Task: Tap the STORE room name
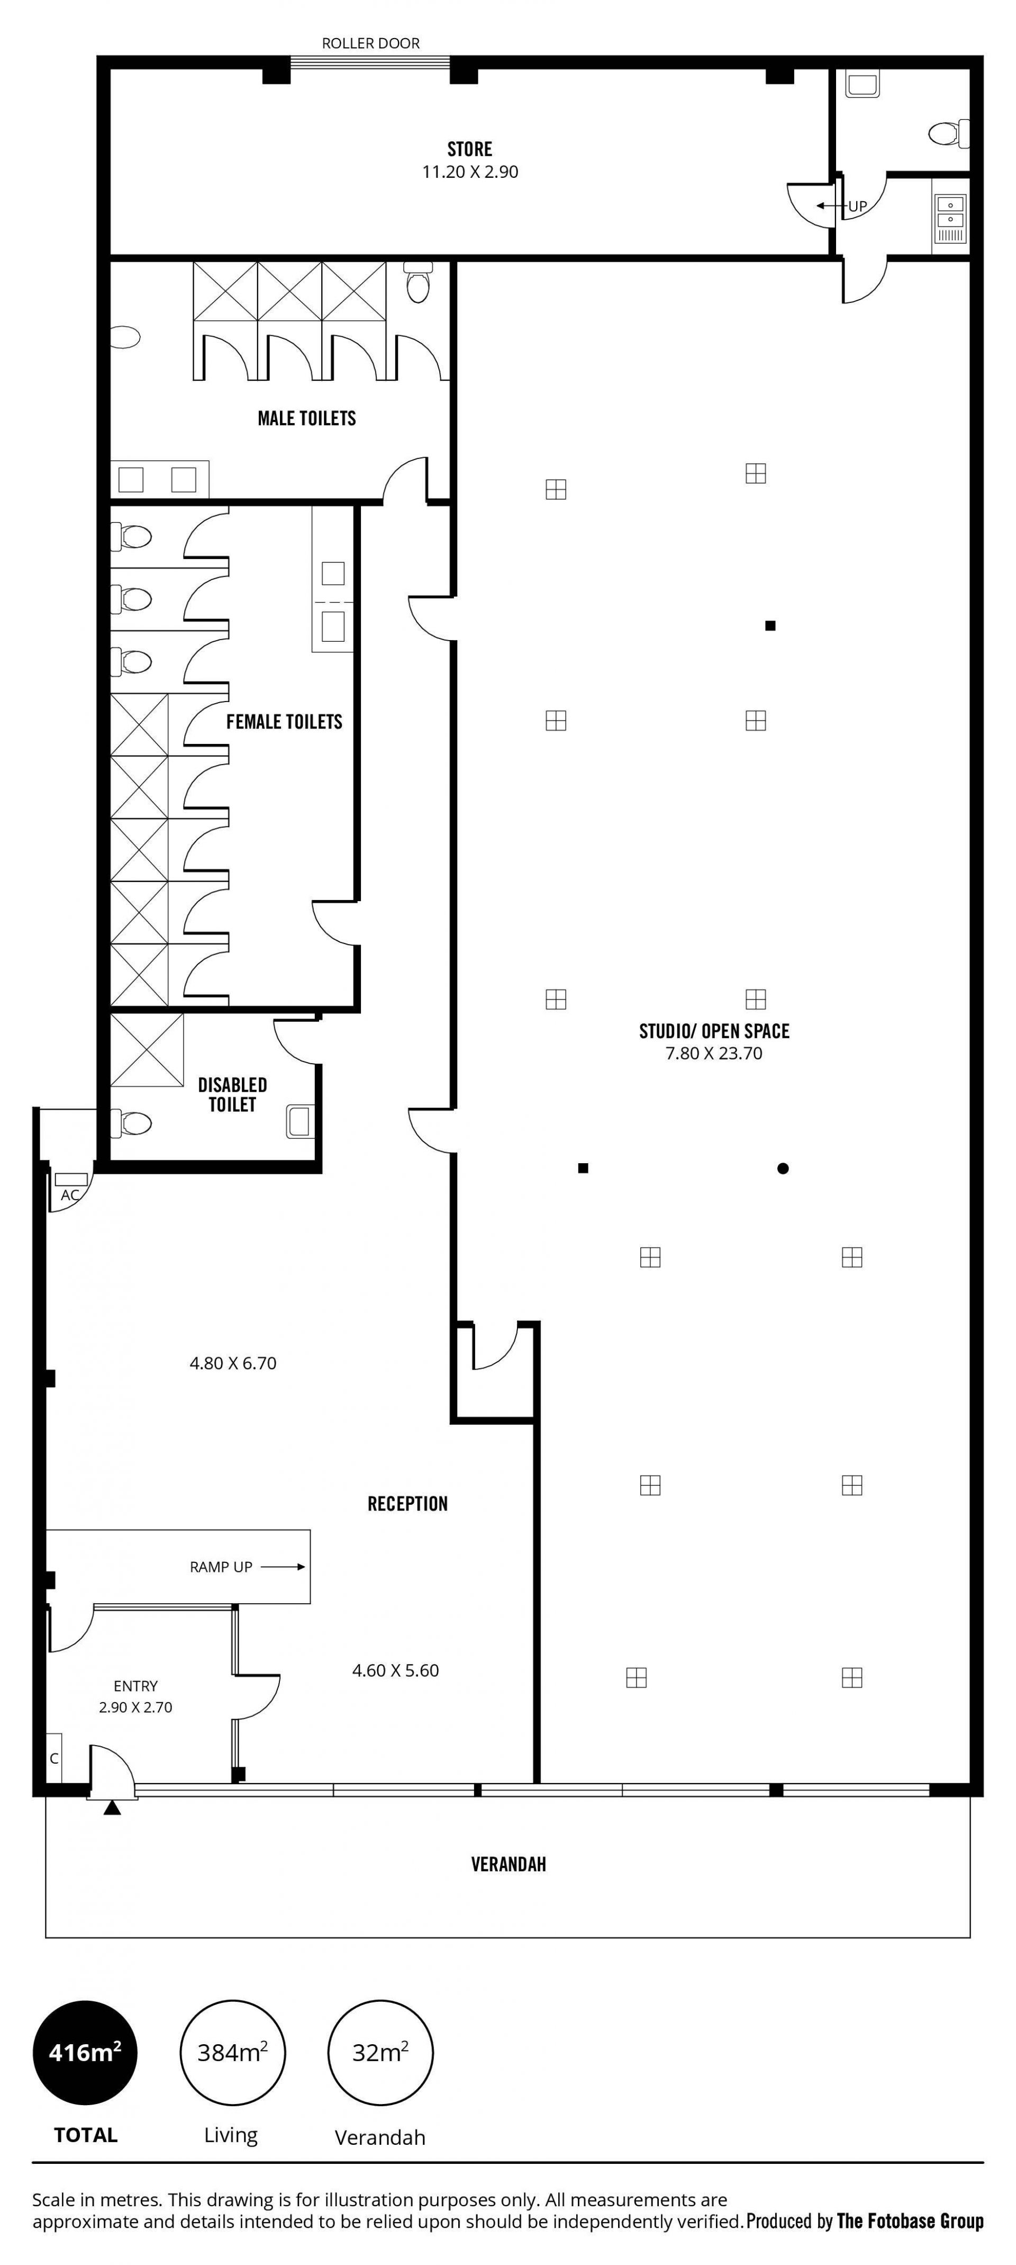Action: [x=469, y=149]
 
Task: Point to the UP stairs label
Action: [x=857, y=206]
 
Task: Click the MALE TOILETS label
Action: [x=307, y=418]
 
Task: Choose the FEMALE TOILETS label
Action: [x=284, y=722]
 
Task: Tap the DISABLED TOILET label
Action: [x=232, y=1095]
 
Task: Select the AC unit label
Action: [x=69, y=1195]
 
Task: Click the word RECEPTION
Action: [x=408, y=1504]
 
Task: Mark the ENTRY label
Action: [x=135, y=1686]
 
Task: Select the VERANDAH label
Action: [x=508, y=1864]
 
